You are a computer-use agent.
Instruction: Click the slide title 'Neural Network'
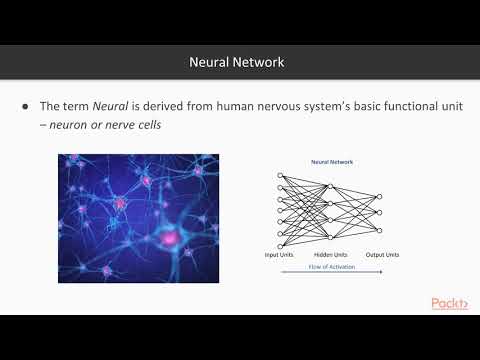pos(237,62)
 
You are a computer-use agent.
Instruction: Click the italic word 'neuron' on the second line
pos(72,126)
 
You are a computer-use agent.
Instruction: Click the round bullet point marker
pos(25,107)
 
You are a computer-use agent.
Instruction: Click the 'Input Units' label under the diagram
pos(278,255)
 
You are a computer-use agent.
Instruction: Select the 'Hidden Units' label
pos(329,255)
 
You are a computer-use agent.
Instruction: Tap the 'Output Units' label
pos(381,255)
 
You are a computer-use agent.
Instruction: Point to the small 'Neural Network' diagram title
pos(332,161)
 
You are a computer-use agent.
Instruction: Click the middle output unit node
pos(378,211)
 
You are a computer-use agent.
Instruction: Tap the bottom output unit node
pos(378,229)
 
